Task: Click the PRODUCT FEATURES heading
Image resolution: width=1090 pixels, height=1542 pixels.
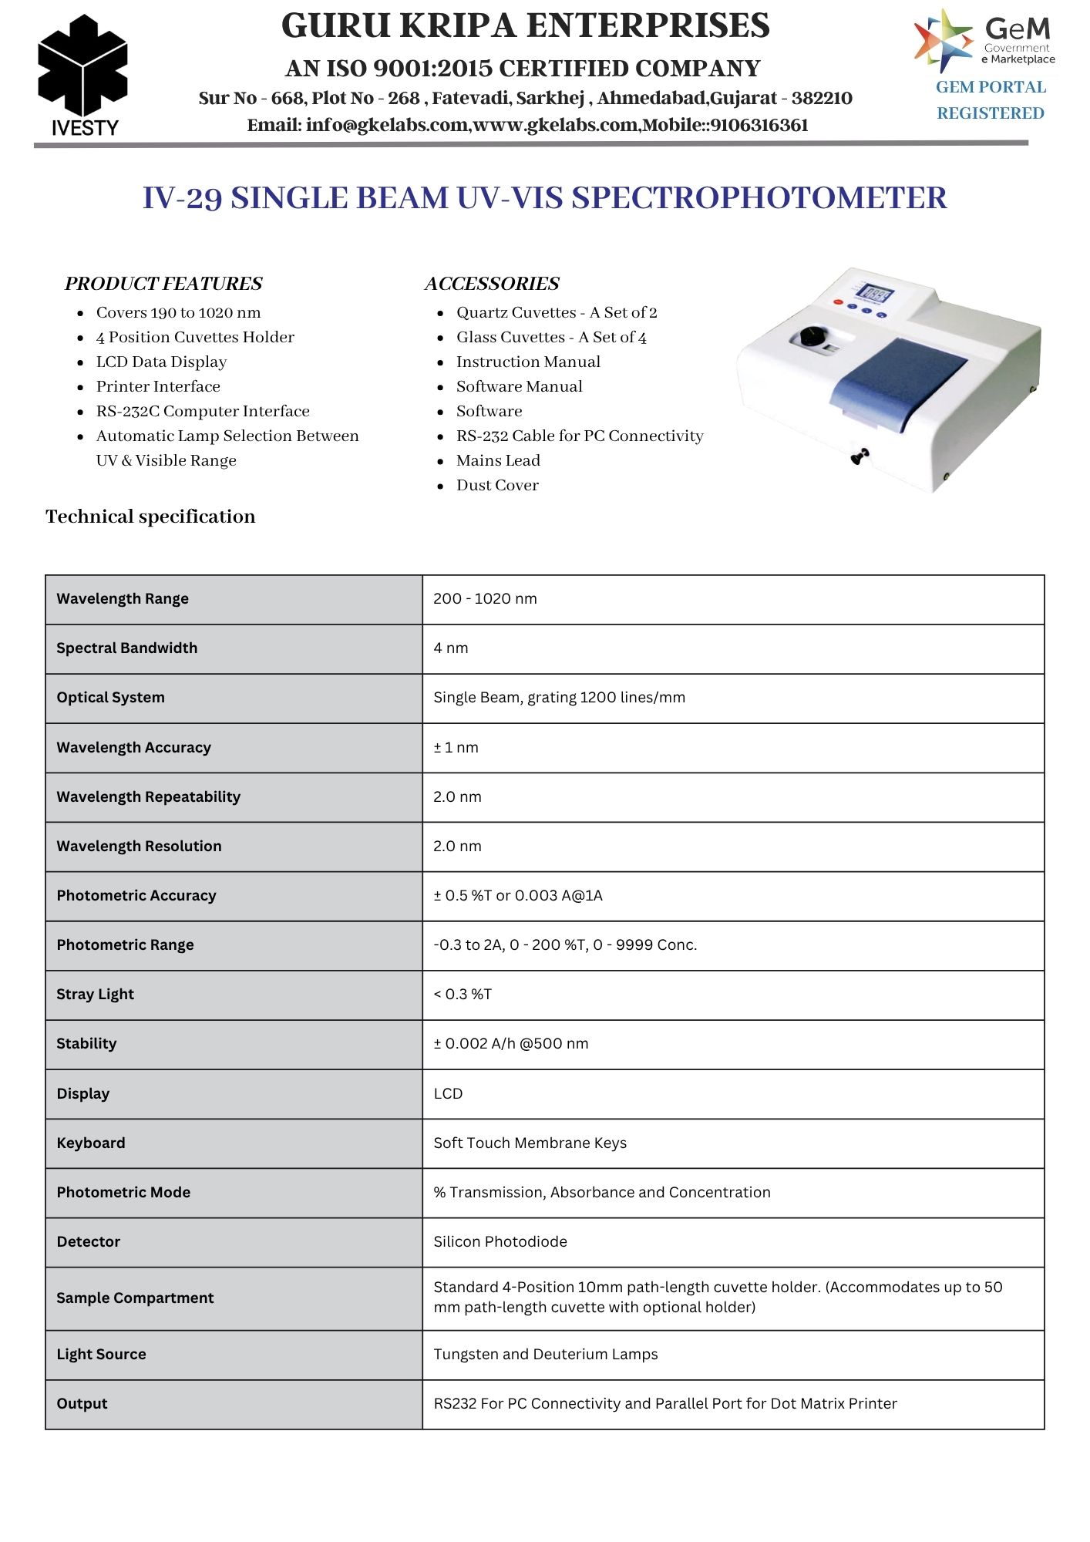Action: click(x=163, y=284)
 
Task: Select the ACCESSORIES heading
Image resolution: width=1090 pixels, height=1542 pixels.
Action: click(x=492, y=284)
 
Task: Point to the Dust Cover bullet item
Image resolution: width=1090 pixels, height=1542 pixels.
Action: click(x=497, y=485)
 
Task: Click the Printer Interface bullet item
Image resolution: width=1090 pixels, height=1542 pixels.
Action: click(x=158, y=386)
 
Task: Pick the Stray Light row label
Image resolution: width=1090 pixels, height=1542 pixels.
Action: click(x=95, y=995)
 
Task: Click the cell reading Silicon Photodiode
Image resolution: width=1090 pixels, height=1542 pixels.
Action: click(x=500, y=1241)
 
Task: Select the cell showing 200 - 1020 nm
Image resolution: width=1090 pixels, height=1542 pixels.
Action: click(x=485, y=598)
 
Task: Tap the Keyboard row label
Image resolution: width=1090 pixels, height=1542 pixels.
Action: click(x=90, y=1143)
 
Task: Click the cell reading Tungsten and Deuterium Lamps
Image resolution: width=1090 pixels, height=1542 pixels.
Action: click(x=545, y=1354)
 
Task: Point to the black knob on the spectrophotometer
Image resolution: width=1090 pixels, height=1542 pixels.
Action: click(x=812, y=337)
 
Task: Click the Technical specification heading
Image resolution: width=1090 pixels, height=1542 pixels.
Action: click(x=150, y=517)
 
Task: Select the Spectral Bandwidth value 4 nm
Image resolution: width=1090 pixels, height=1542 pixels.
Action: click(x=451, y=648)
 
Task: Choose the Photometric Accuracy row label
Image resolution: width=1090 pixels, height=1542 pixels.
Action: click(x=136, y=895)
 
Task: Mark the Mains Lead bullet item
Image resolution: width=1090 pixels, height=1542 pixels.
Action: click(x=498, y=460)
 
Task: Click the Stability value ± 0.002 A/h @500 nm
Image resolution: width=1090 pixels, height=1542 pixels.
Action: click(x=510, y=1044)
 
